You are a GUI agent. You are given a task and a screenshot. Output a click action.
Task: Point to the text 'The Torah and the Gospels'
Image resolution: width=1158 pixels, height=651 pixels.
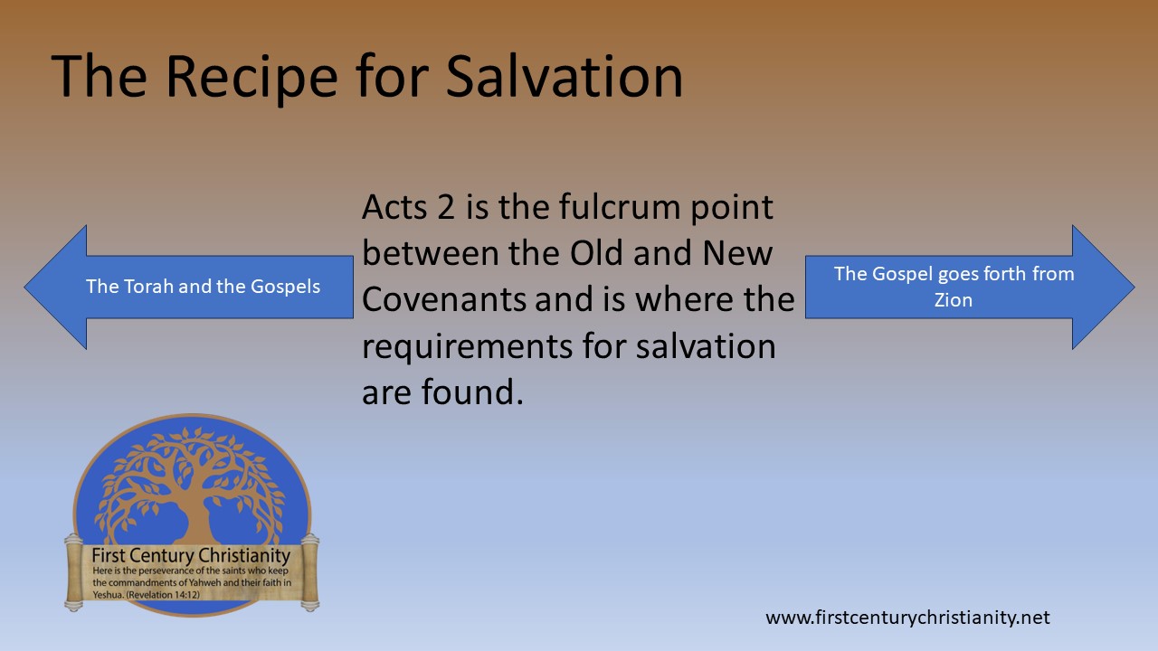203,287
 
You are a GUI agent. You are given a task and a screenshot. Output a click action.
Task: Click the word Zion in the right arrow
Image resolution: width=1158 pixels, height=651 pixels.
954,300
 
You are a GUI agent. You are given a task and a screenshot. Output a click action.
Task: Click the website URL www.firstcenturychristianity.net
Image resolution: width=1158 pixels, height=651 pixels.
907,618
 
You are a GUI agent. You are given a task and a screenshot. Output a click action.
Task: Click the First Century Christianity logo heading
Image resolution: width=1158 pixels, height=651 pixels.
191,555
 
